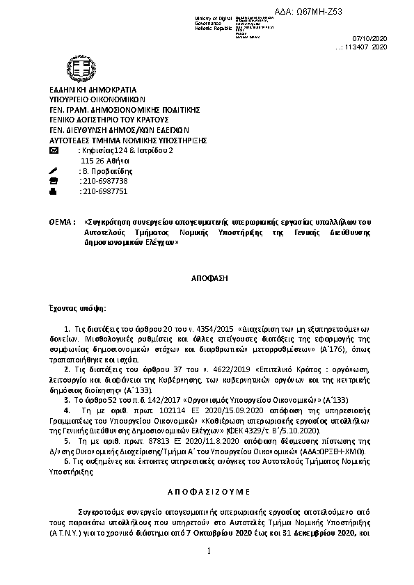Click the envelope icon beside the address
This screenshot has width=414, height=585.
point(55,151)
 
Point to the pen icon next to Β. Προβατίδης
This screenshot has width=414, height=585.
point(54,171)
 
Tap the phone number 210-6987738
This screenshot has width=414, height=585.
point(104,181)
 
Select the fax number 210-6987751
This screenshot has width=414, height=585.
point(104,191)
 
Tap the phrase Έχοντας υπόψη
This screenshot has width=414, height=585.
point(78,307)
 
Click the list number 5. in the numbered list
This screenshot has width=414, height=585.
point(66,441)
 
